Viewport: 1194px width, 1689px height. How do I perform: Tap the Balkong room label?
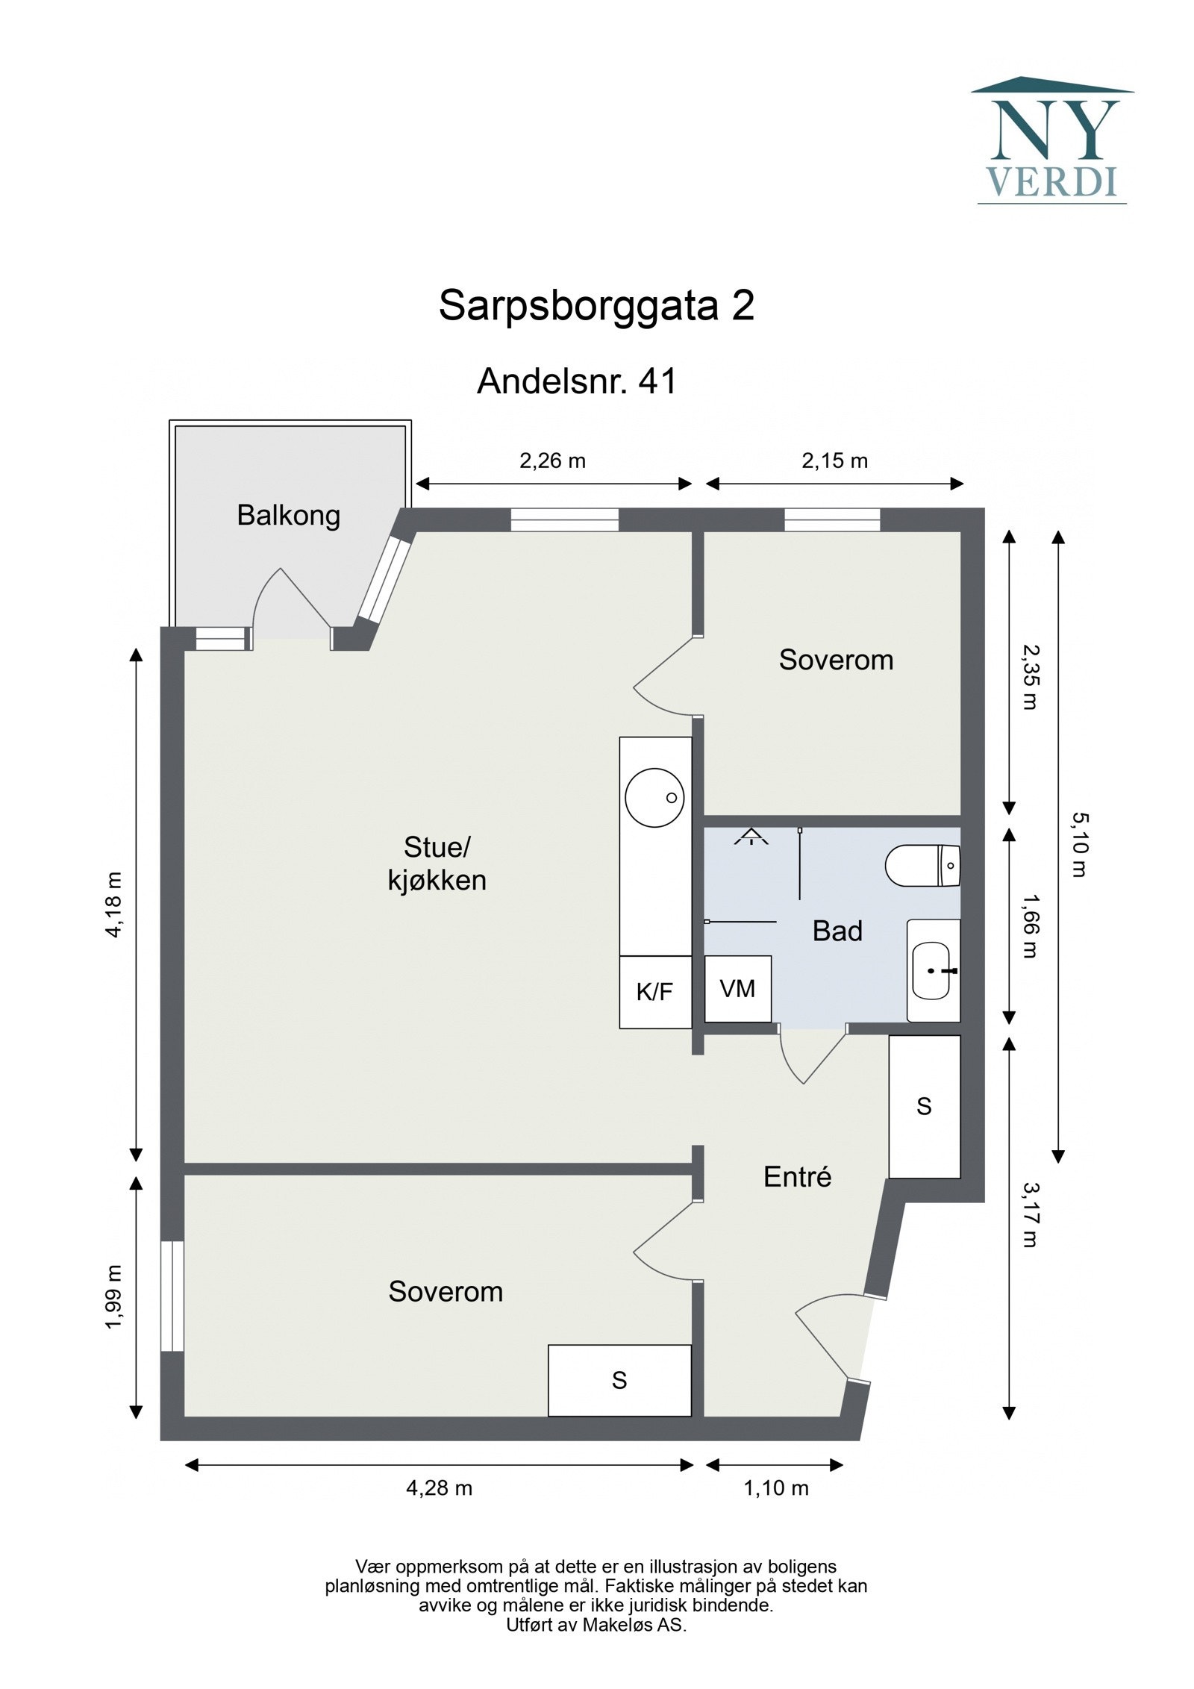[x=289, y=515]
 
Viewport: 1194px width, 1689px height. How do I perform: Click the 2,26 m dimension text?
[x=552, y=461]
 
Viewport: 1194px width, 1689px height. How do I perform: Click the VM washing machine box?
[x=737, y=989]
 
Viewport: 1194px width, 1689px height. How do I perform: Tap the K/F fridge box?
[x=654, y=992]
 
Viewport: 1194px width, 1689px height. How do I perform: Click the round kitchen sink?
[x=654, y=798]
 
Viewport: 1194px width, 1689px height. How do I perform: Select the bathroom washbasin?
[x=931, y=970]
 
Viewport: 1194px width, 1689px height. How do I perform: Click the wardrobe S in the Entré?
[x=924, y=1106]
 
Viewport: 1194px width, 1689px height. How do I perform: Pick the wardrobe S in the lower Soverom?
[x=619, y=1380]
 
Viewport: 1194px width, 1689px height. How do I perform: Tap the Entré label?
[x=797, y=1177]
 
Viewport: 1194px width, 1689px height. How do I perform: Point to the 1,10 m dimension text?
[x=775, y=1488]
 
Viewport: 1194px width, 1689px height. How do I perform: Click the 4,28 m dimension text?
[x=439, y=1488]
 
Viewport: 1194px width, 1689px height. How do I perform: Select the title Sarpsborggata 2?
[x=596, y=305]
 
